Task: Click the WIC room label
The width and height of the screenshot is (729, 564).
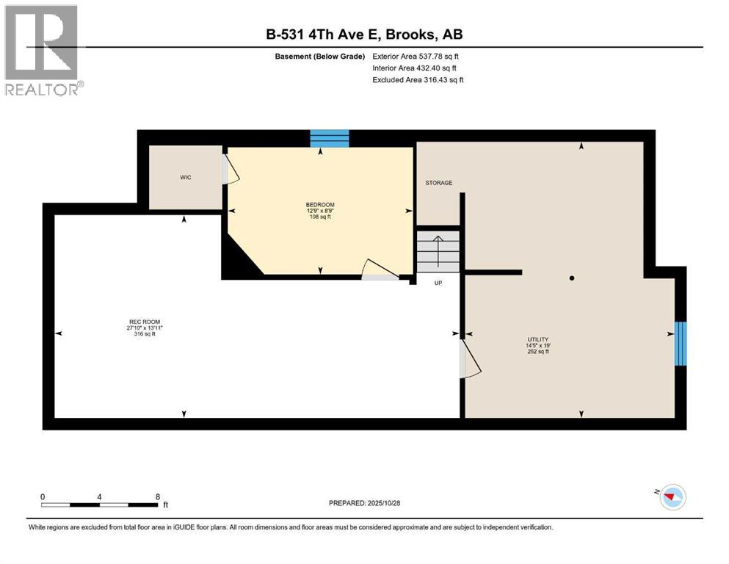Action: click(x=186, y=178)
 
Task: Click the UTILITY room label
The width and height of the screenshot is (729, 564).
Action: click(x=537, y=339)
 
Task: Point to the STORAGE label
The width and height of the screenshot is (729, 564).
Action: click(x=439, y=183)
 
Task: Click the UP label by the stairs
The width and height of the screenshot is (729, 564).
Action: click(x=438, y=283)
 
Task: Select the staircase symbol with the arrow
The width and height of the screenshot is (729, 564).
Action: click(x=438, y=250)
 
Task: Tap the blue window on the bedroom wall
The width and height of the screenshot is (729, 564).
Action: click(x=329, y=137)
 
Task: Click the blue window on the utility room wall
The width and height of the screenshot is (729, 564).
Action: click(x=681, y=343)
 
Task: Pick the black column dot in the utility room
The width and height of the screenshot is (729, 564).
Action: click(x=571, y=278)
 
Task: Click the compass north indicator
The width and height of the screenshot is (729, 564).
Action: click(x=670, y=497)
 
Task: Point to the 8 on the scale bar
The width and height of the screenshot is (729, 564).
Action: click(x=158, y=496)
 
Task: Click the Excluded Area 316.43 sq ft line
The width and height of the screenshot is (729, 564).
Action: click(x=418, y=79)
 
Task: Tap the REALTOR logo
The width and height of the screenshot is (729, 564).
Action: click(x=43, y=49)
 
